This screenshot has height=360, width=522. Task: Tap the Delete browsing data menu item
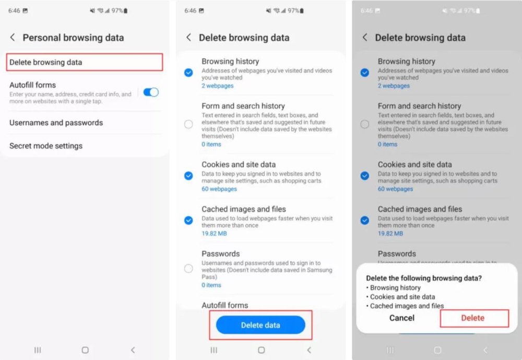coord(45,62)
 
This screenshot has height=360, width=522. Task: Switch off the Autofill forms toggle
coord(151,92)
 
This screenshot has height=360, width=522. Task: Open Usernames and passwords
coord(56,123)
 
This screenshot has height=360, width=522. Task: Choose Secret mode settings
coord(46,146)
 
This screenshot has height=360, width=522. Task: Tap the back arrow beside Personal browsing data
coord(13,37)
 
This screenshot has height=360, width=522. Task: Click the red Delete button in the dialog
coord(473,318)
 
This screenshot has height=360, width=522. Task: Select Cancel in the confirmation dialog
coord(402,318)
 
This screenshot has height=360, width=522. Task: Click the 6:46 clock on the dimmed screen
coord(366,10)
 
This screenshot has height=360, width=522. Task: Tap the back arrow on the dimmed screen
coord(365,37)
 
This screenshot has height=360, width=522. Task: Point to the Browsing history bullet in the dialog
coord(394,288)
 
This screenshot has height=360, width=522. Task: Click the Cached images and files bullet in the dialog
coord(405,306)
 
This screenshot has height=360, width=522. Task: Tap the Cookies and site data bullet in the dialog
coord(400,297)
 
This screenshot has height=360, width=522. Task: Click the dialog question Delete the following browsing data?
coord(424,278)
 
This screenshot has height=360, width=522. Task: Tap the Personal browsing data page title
coord(73,38)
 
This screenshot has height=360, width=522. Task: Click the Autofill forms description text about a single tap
coord(70,98)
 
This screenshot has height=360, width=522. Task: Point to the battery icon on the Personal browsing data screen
coord(125,10)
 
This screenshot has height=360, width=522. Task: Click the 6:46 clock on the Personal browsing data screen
coord(14,10)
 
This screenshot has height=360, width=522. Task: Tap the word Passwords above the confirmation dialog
coord(397,253)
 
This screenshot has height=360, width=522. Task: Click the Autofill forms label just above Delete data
coord(224,305)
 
